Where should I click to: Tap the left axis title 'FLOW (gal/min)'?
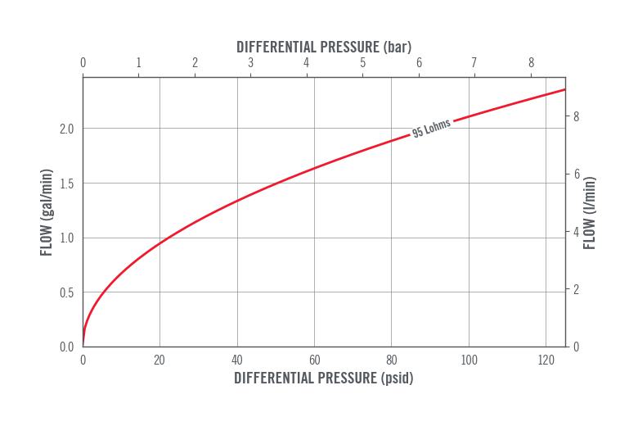47,212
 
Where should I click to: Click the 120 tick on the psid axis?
546,360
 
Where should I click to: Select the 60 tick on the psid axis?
314,360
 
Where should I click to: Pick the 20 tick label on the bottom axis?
159,360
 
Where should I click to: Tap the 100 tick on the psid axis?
470,360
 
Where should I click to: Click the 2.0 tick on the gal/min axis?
66,129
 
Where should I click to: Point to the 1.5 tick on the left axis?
66,184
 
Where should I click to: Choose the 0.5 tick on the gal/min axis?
66,292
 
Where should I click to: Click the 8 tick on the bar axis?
531,63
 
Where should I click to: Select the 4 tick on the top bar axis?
307,63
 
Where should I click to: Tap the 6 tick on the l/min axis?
576,174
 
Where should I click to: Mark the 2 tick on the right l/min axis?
576,289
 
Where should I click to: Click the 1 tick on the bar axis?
139,63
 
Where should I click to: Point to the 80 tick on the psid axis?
392,360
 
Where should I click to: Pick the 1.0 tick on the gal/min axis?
66,238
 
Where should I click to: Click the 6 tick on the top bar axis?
419,63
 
